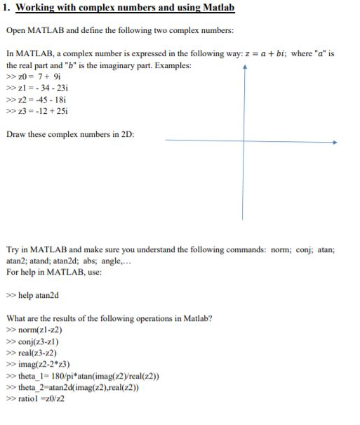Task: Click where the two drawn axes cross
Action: pyautogui.click(x=244, y=140)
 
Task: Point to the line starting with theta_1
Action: pyautogui.click(x=82, y=376)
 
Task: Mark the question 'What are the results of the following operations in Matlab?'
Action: pyautogui.click(x=109, y=318)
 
